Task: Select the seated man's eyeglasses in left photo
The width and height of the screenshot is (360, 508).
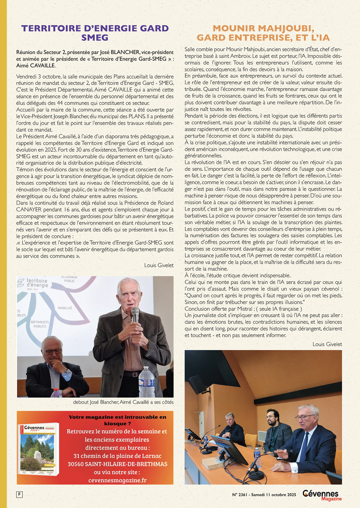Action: click(53, 351)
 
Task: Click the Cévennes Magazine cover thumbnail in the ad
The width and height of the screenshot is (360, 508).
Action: click(38, 449)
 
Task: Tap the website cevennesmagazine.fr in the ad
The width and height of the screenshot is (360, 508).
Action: click(118, 480)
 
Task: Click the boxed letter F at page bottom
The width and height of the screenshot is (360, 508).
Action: click(19, 494)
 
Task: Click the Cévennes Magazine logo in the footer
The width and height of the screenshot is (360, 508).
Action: click(322, 495)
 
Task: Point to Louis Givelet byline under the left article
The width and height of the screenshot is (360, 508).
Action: click(159, 265)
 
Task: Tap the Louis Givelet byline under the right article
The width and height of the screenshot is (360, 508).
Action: click(327, 344)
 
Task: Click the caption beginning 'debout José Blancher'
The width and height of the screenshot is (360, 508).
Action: click(123, 402)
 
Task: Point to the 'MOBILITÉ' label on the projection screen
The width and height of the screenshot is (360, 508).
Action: click(65, 308)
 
